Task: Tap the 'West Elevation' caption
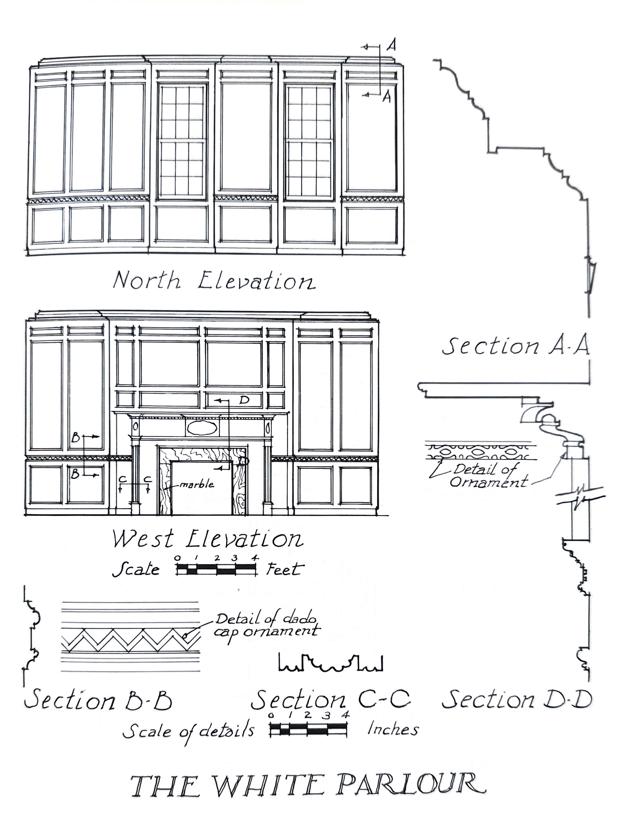pyautogui.click(x=208, y=539)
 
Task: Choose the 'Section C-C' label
pyautogui.click(x=331, y=699)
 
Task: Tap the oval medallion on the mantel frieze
pyautogui.click(x=202, y=428)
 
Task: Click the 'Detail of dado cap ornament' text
pyautogui.click(x=267, y=625)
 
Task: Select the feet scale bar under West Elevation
pyautogui.click(x=217, y=569)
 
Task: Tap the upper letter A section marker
pyautogui.click(x=391, y=45)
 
